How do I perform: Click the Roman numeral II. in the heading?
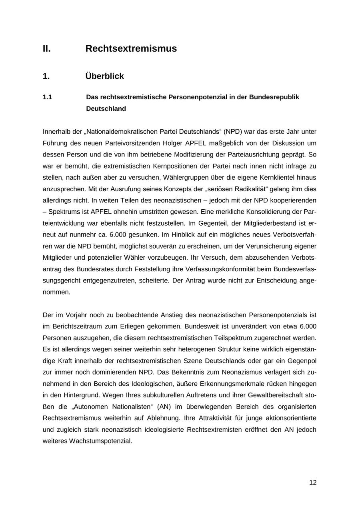[47, 49]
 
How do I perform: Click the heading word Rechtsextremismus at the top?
[131, 49]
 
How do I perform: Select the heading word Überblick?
[105, 76]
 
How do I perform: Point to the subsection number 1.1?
[47, 97]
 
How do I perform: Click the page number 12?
[313, 483]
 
